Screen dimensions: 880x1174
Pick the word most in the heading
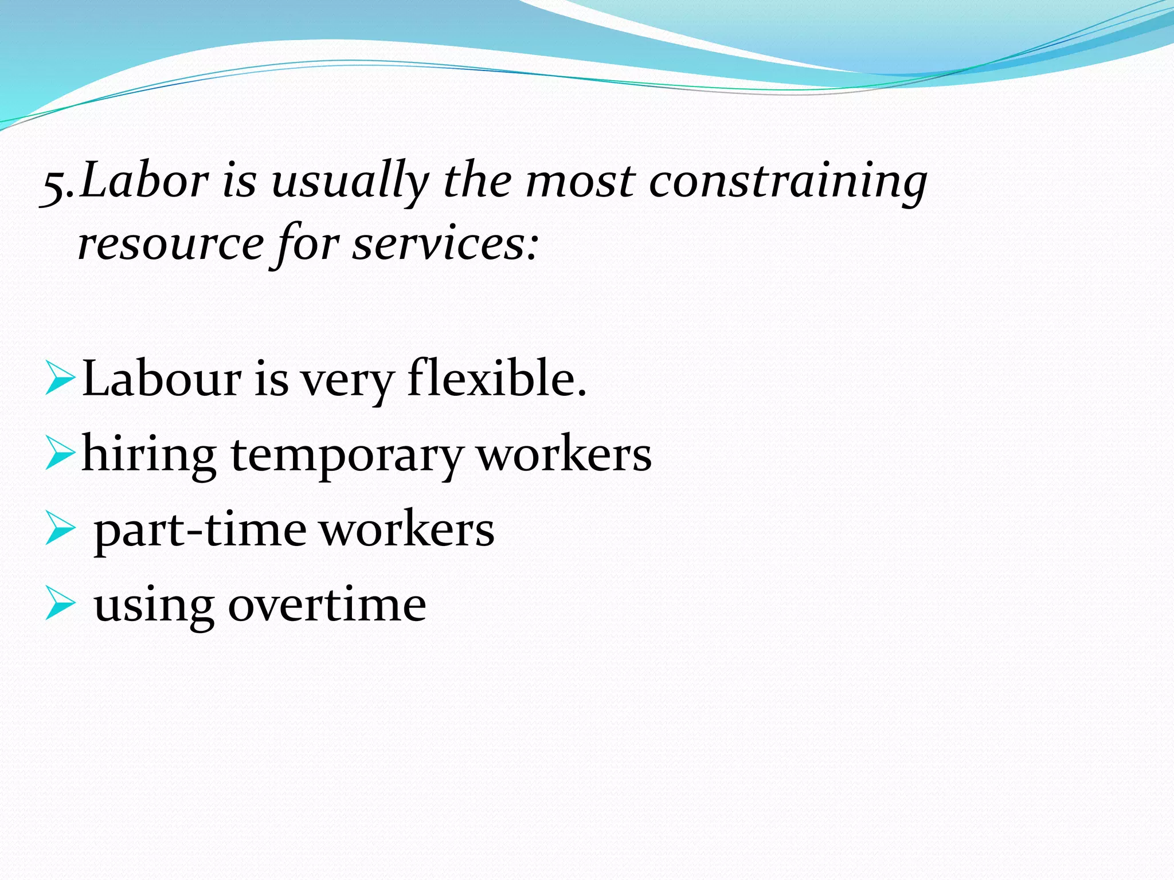(x=580, y=182)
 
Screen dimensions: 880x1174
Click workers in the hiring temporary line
(x=565, y=454)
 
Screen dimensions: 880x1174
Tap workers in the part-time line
(x=406, y=529)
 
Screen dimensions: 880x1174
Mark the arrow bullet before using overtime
(x=60, y=604)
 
